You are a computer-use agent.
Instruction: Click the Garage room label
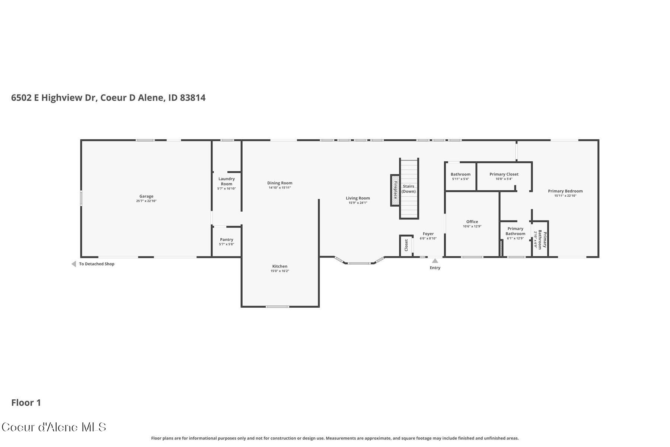[146, 196]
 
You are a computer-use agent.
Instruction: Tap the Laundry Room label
[226, 181]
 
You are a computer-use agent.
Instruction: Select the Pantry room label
[226, 240]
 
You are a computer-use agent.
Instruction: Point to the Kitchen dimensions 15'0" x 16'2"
[280, 271]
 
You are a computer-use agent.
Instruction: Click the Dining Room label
[280, 183]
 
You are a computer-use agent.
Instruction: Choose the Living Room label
[358, 198]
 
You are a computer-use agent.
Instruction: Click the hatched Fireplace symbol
[395, 190]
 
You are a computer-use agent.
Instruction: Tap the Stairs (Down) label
[408, 189]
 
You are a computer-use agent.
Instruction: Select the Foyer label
[428, 234]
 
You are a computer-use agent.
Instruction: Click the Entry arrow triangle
[435, 261]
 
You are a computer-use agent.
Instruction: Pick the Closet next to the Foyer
[406, 245]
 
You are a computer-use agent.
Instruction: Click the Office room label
[472, 222]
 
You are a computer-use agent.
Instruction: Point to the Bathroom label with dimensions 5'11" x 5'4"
[460, 174]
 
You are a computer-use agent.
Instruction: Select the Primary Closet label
[504, 174]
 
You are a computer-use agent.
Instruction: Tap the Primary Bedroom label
[565, 191]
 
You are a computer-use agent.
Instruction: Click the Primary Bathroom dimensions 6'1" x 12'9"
[515, 238]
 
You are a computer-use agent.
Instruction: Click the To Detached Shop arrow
[74, 264]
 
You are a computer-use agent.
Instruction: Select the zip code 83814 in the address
[192, 98]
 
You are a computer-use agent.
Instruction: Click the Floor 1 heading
[26, 403]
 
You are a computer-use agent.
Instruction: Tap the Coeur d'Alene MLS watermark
[54, 427]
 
